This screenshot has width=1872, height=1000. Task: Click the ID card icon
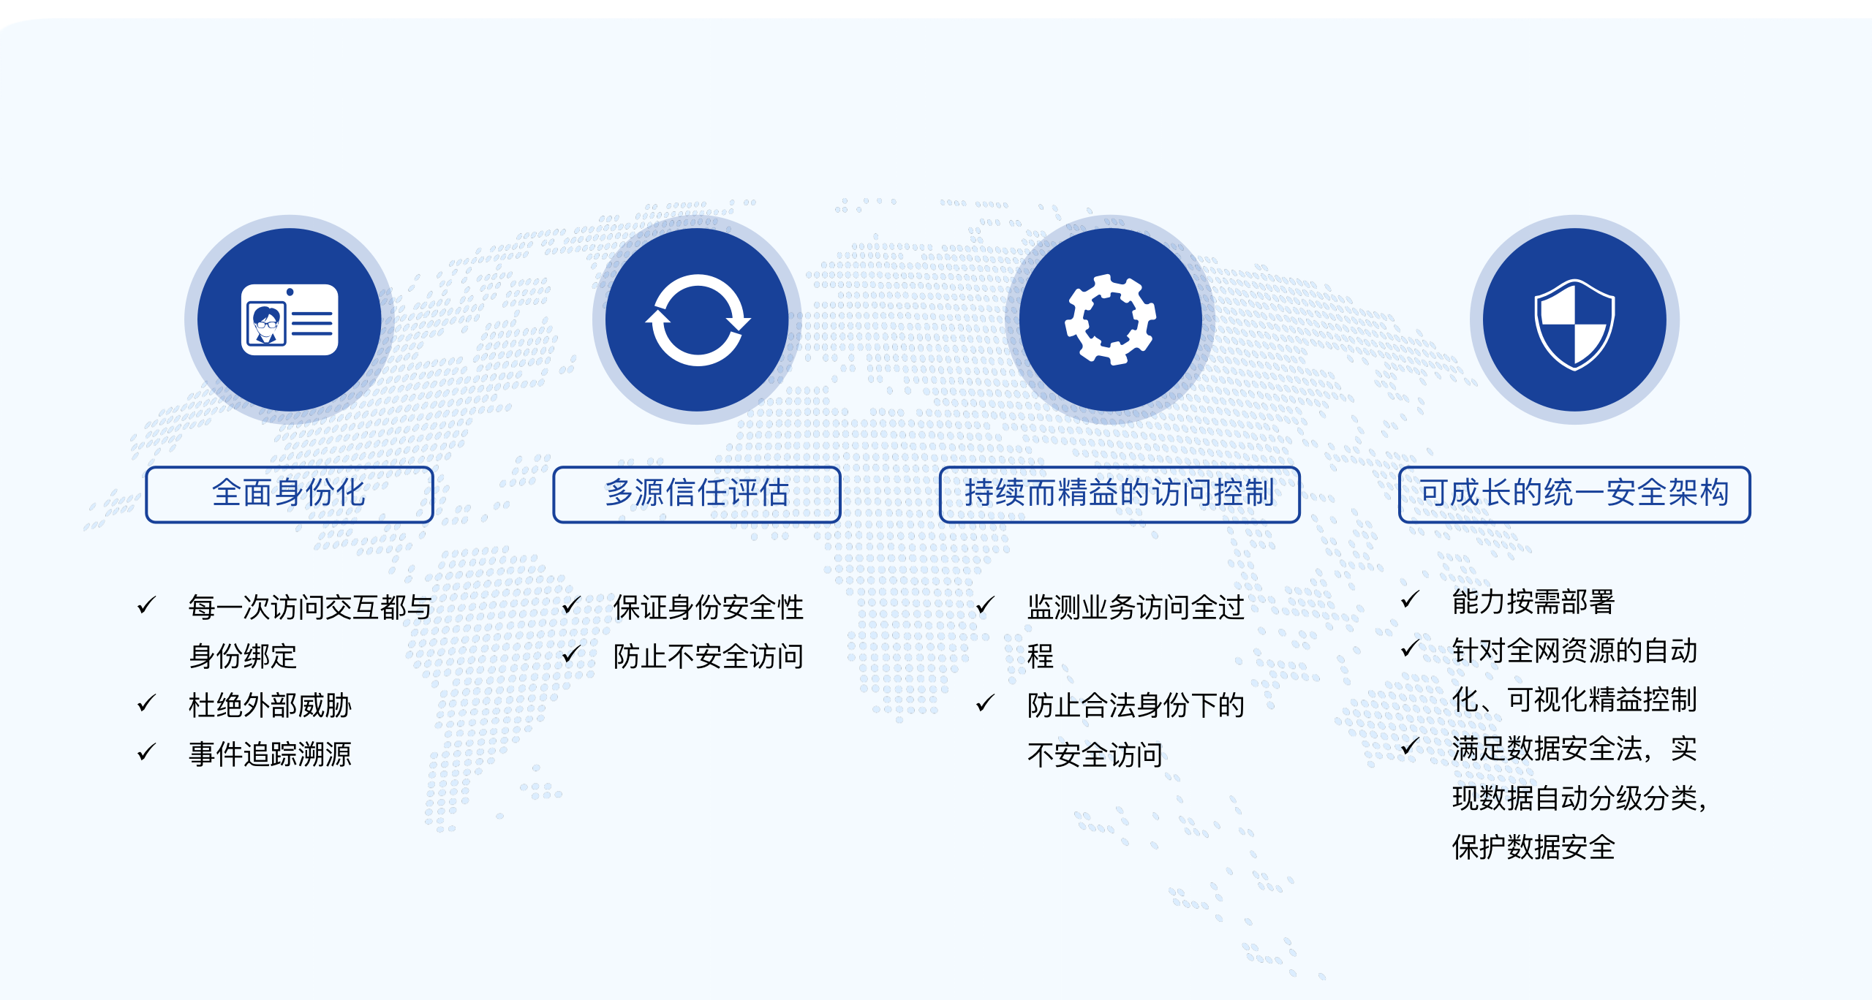290,319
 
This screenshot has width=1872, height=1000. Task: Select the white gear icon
1110,319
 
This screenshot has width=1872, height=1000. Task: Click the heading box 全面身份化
290,494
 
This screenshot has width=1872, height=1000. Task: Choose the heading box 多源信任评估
697,494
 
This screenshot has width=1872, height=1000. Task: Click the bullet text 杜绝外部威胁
270,705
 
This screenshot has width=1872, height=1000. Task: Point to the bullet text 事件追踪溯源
270,754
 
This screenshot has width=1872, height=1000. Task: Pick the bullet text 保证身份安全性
708,607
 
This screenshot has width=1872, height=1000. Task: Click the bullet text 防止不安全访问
708,656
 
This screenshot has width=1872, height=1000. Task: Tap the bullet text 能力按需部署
1533,602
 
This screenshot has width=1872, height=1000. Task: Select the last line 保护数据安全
1533,847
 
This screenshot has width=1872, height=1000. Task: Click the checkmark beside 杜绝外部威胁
146,703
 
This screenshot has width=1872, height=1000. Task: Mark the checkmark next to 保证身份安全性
571,605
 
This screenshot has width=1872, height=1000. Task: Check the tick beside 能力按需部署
1409,600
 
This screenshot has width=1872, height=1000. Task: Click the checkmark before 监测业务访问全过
985,605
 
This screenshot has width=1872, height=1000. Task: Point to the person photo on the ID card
266,324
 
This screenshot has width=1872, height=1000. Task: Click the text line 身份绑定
243,656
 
